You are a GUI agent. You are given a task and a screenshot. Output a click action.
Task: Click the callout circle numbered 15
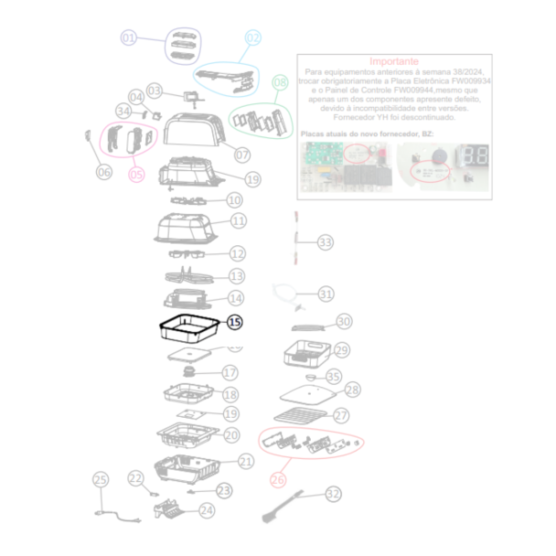pyautogui.click(x=235, y=321)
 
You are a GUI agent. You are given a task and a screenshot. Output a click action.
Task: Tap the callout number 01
pyautogui.click(x=130, y=37)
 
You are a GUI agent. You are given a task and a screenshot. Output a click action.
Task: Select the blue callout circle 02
pyautogui.click(x=253, y=37)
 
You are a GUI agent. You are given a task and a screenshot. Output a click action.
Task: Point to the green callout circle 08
pyautogui.click(x=280, y=82)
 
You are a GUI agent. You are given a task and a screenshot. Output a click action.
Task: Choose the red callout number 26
pyautogui.click(x=279, y=477)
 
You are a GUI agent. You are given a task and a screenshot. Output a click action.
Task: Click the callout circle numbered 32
pyautogui.click(x=334, y=493)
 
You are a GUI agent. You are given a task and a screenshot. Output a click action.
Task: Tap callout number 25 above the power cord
pyautogui.click(x=101, y=479)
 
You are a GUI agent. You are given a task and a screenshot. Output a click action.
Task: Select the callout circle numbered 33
pyautogui.click(x=326, y=242)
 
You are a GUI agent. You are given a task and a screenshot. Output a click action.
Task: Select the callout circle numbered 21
pyautogui.click(x=245, y=462)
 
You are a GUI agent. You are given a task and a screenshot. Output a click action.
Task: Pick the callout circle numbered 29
pyautogui.click(x=341, y=350)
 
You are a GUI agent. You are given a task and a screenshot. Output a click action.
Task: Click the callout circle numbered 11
pyautogui.click(x=238, y=220)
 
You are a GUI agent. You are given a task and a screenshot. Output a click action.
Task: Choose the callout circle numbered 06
pyautogui.click(x=103, y=170)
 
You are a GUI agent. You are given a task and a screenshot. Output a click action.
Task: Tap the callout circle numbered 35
pyautogui.click(x=334, y=376)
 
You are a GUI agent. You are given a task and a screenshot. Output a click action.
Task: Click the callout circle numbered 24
pyautogui.click(x=207, y=510)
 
